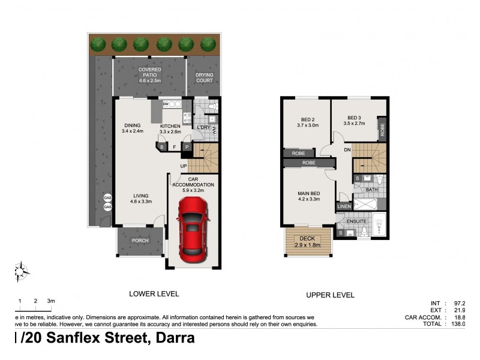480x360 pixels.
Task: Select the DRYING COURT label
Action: (205, 77)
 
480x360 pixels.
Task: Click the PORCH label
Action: (140, 241)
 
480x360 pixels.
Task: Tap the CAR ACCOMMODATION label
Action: (193, 182)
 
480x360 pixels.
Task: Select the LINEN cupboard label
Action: (344, 206)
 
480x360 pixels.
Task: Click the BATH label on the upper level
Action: (372, 190)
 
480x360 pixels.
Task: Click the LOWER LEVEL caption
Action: (154, 293)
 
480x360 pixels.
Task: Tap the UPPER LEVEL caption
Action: (331, 295)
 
